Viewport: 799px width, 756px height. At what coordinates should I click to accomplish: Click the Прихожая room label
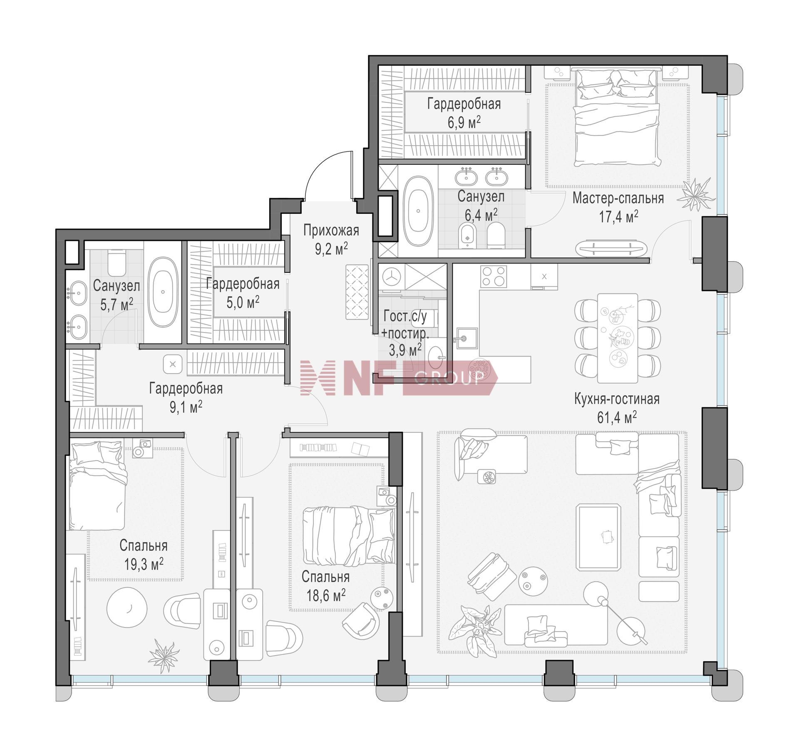(x=331, y=230)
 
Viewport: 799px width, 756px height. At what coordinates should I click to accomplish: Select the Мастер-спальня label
(x=618, y=198)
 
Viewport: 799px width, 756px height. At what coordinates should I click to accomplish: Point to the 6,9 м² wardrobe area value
(x=464, y=122)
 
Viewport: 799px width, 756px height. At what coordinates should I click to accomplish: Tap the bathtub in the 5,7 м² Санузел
(x=163, y=292)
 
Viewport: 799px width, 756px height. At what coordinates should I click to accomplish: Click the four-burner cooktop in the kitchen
(x=494, y=277)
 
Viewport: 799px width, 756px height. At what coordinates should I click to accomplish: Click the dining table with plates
(x=618, y=338)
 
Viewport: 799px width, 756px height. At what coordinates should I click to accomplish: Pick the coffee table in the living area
(x=597, y=536)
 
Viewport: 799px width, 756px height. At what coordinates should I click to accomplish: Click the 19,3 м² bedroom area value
(x=144, y=564)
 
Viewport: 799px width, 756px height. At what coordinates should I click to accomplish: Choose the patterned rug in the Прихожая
(x=357, y=293)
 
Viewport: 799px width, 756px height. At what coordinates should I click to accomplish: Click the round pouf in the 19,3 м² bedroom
(x=127, y=607)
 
